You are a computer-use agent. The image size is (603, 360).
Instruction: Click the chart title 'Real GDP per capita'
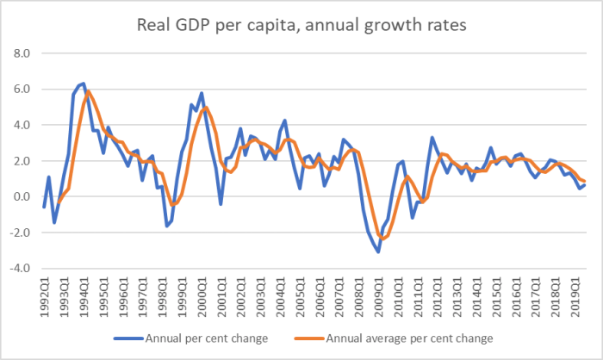click(x=301, y=25)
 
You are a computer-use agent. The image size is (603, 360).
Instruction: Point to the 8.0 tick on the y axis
click(x=20, y=53)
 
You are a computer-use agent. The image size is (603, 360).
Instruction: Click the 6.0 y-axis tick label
click(x=20, y=90)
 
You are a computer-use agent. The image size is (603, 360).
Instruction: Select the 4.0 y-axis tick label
click(x=20, y=125)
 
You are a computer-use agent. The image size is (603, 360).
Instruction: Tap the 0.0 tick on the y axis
click(x=20, y=197)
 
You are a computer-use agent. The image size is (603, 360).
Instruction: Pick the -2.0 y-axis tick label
click(x=18, y=233)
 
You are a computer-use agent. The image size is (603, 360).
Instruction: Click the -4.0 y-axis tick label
click(x=18, y=269)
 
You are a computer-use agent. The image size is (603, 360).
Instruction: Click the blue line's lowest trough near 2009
click(x=377, y=251)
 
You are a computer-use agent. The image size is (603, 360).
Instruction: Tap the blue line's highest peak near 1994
click(x=83, y=84)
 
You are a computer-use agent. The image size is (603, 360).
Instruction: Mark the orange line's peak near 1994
click(x=89, y=91)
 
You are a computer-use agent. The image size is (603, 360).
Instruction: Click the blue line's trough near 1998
click(x=166, y=226)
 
